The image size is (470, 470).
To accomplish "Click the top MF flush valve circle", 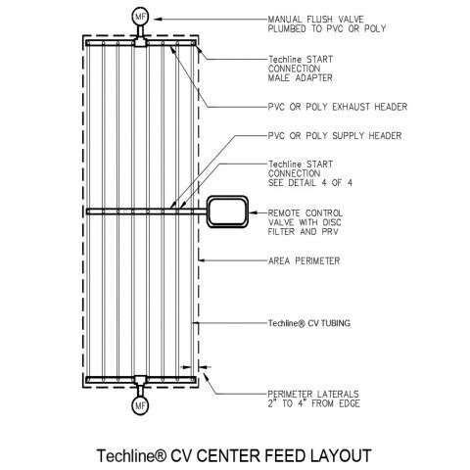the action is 140,18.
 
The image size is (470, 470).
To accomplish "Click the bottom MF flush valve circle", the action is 140,405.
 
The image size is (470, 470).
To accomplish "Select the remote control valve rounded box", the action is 227,211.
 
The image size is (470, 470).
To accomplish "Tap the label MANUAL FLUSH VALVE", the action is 315,20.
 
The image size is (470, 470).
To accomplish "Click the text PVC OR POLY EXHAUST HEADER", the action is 338,107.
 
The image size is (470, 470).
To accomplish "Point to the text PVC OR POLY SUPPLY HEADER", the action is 335,136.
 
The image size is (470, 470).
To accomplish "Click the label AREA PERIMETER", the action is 304,260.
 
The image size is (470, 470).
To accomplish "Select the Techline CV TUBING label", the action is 309,323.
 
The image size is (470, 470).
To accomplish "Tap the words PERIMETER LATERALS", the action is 313,395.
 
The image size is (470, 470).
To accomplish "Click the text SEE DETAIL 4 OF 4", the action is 310,183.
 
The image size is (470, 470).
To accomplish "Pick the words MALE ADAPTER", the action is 300,78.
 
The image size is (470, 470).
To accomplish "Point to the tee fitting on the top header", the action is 140,42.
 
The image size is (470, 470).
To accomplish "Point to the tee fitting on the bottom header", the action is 140,380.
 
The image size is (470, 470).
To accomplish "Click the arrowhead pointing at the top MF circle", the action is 158,19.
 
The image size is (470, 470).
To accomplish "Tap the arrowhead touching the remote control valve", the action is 253,212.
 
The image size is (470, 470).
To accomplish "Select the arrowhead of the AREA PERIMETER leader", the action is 203,260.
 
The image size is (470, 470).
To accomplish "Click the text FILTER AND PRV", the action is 303,232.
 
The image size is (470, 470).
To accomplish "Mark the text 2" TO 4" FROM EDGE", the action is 313,403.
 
